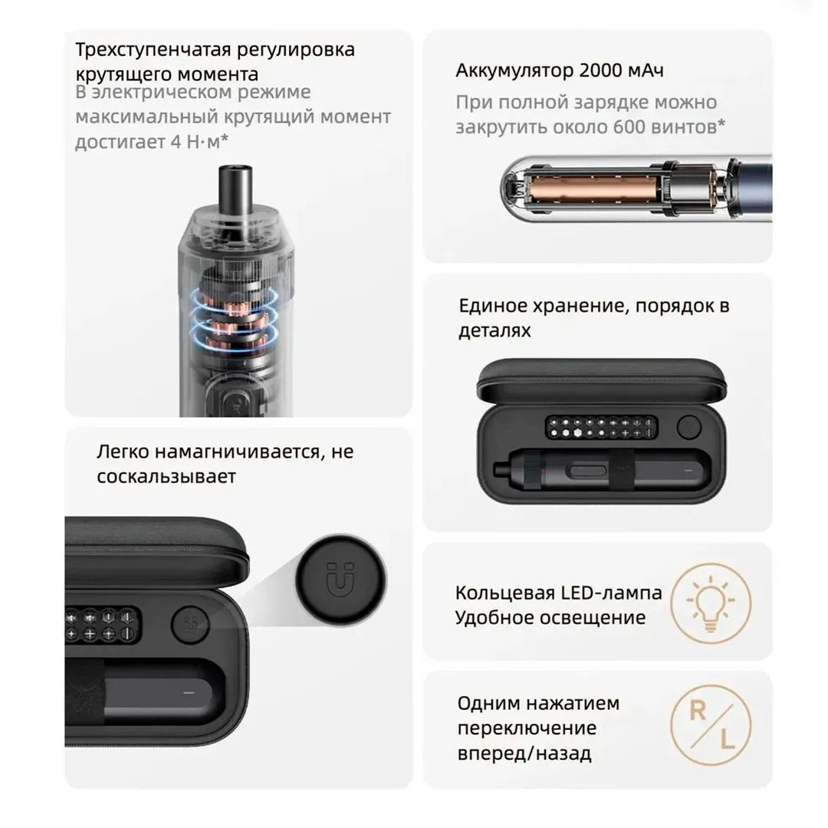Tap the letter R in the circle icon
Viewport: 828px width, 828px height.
pyautogui.click(x=698, y=711)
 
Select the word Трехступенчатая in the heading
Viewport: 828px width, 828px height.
pyautogui.click(x=153, y=51)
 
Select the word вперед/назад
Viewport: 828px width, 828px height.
pyautogui.click(x=524, y=754)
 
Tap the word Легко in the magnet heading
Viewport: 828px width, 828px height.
pyautogui.click(x=123, y=452)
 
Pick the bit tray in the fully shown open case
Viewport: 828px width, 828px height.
pyautogui.click(x=602, y=427)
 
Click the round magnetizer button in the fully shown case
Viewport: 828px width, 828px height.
pyautogui.click(x=689, y=427)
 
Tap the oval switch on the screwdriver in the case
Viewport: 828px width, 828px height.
pyautogui.click(x=586, y=471)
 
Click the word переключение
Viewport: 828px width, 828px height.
pyautogui.click(x=527, y=729)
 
